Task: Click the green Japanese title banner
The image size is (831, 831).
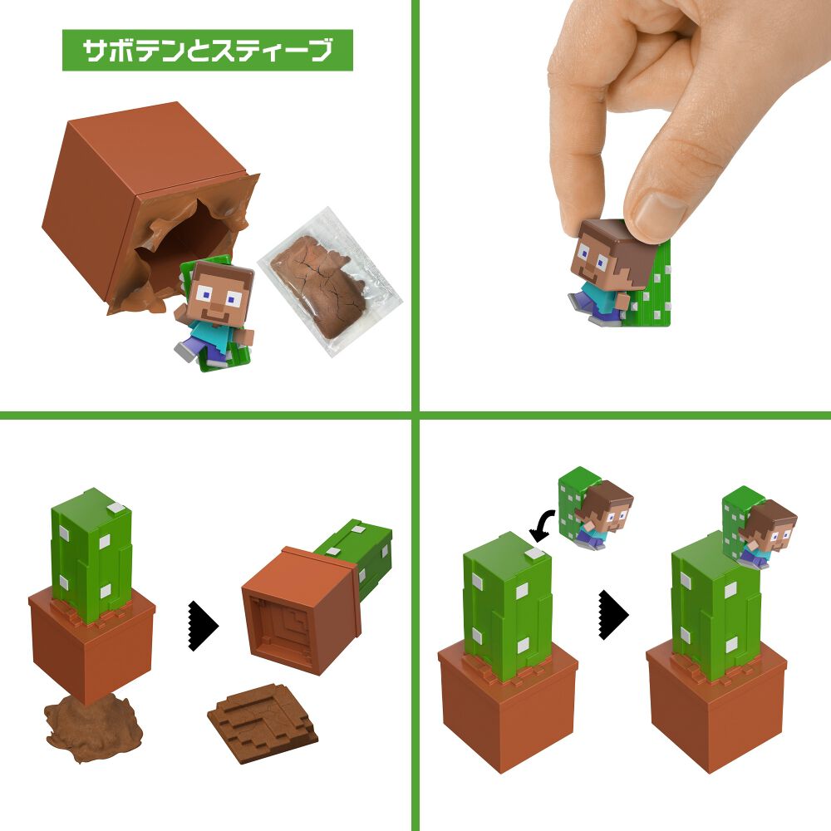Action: click(x=207, y=51)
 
